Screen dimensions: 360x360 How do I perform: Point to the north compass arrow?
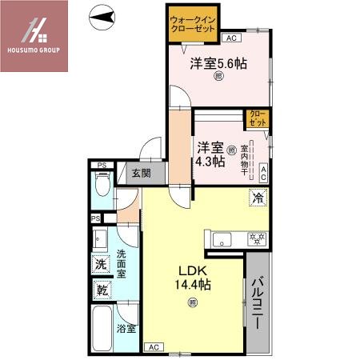click(x=101, y=14)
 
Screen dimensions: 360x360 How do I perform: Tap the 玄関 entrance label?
click(x=141, y=172)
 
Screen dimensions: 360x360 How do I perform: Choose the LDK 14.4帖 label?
click(x=193, y=277)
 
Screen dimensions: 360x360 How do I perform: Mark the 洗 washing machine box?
click(x=101, y=264)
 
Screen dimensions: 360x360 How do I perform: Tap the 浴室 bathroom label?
click(x=126, y=328)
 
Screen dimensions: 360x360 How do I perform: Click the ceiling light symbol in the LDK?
click(x=192, y=302)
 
